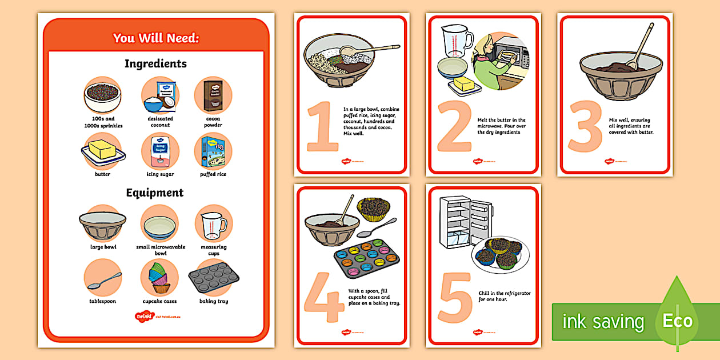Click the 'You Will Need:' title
point(155,38)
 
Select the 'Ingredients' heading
point(155,63)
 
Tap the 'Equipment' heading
point(155,193)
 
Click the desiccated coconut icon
point(160,96)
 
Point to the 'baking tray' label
point(213,301)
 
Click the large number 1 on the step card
point(322,127)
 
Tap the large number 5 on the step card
point(455,297)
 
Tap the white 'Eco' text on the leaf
point(677,321)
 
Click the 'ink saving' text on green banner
point(602,322)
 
